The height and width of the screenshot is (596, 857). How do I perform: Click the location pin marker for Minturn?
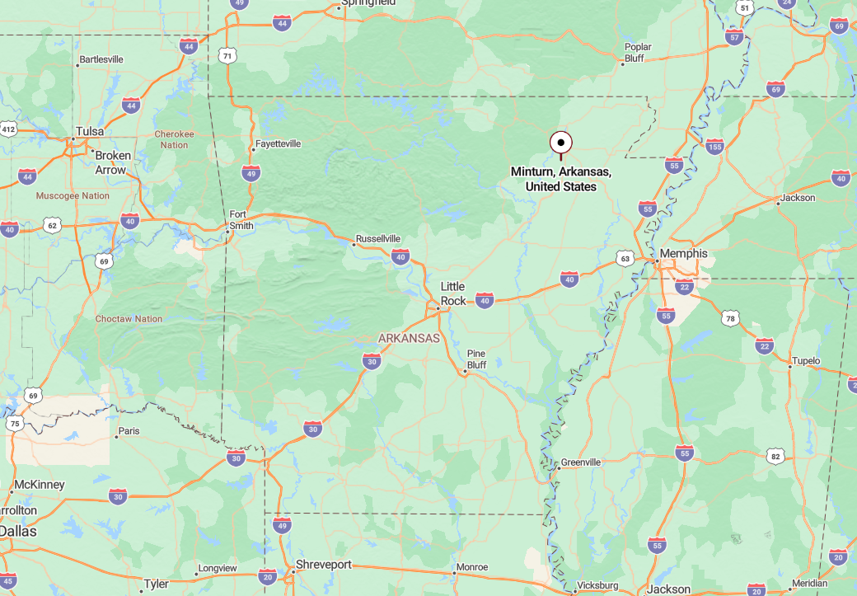561,143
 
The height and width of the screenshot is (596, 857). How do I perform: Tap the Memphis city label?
683,253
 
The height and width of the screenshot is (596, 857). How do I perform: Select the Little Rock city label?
453,293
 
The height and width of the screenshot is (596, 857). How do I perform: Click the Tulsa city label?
89,131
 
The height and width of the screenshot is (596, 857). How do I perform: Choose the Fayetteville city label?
278,143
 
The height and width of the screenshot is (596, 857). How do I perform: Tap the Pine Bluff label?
476,359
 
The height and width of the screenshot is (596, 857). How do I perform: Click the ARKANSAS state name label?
409,338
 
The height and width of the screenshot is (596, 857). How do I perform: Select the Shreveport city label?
324,565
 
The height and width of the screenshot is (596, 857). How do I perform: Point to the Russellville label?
378,241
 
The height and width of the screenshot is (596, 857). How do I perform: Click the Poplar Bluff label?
638,52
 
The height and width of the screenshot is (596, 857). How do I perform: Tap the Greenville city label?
580,462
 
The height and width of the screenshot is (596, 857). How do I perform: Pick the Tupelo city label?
806,361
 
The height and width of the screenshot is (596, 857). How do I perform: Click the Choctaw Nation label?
129,319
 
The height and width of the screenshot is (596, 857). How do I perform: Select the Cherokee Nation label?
174,139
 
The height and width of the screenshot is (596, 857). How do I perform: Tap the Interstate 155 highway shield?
714,147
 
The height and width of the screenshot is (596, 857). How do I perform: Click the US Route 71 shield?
227,55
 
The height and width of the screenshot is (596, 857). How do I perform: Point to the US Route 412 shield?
8,129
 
